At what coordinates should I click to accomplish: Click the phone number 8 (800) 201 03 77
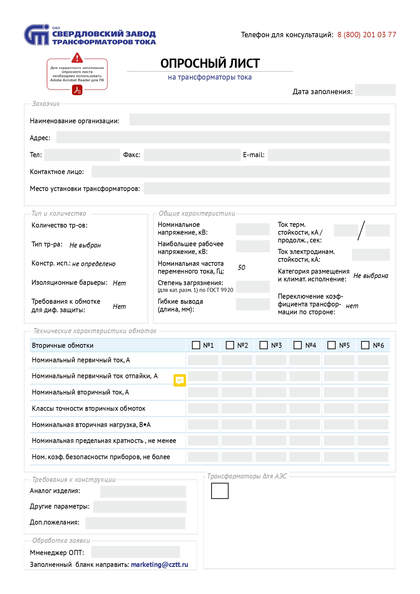pos(367,35)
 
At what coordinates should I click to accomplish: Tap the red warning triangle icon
pos(77,58)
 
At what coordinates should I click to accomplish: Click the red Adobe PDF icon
pos(77,90)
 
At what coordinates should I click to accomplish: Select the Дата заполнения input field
pos(375,90)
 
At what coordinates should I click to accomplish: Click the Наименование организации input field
pos(259,120)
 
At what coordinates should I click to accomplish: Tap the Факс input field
pos(192,155)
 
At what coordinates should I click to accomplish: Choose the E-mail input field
pos(328,155)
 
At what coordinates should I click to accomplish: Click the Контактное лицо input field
pos(240,172)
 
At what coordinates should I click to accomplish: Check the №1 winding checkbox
pos(196,345)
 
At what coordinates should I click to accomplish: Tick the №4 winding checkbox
pos(297,345)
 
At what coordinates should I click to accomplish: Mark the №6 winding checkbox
pos(365,345)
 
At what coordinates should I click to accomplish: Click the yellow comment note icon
pos(179,380)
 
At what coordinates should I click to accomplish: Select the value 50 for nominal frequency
pos(242,268)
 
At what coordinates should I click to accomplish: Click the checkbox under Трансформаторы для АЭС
pos(220,491)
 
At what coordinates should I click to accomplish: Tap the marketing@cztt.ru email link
pos(159,565)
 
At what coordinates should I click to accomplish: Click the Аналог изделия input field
pos(143,492)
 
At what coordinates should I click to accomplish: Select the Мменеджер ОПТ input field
pos(135,552)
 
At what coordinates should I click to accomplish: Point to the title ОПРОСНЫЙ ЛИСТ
pos(210,63)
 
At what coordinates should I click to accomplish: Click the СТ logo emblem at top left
pos(37,35)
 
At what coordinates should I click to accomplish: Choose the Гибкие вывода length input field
pos(252,304)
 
